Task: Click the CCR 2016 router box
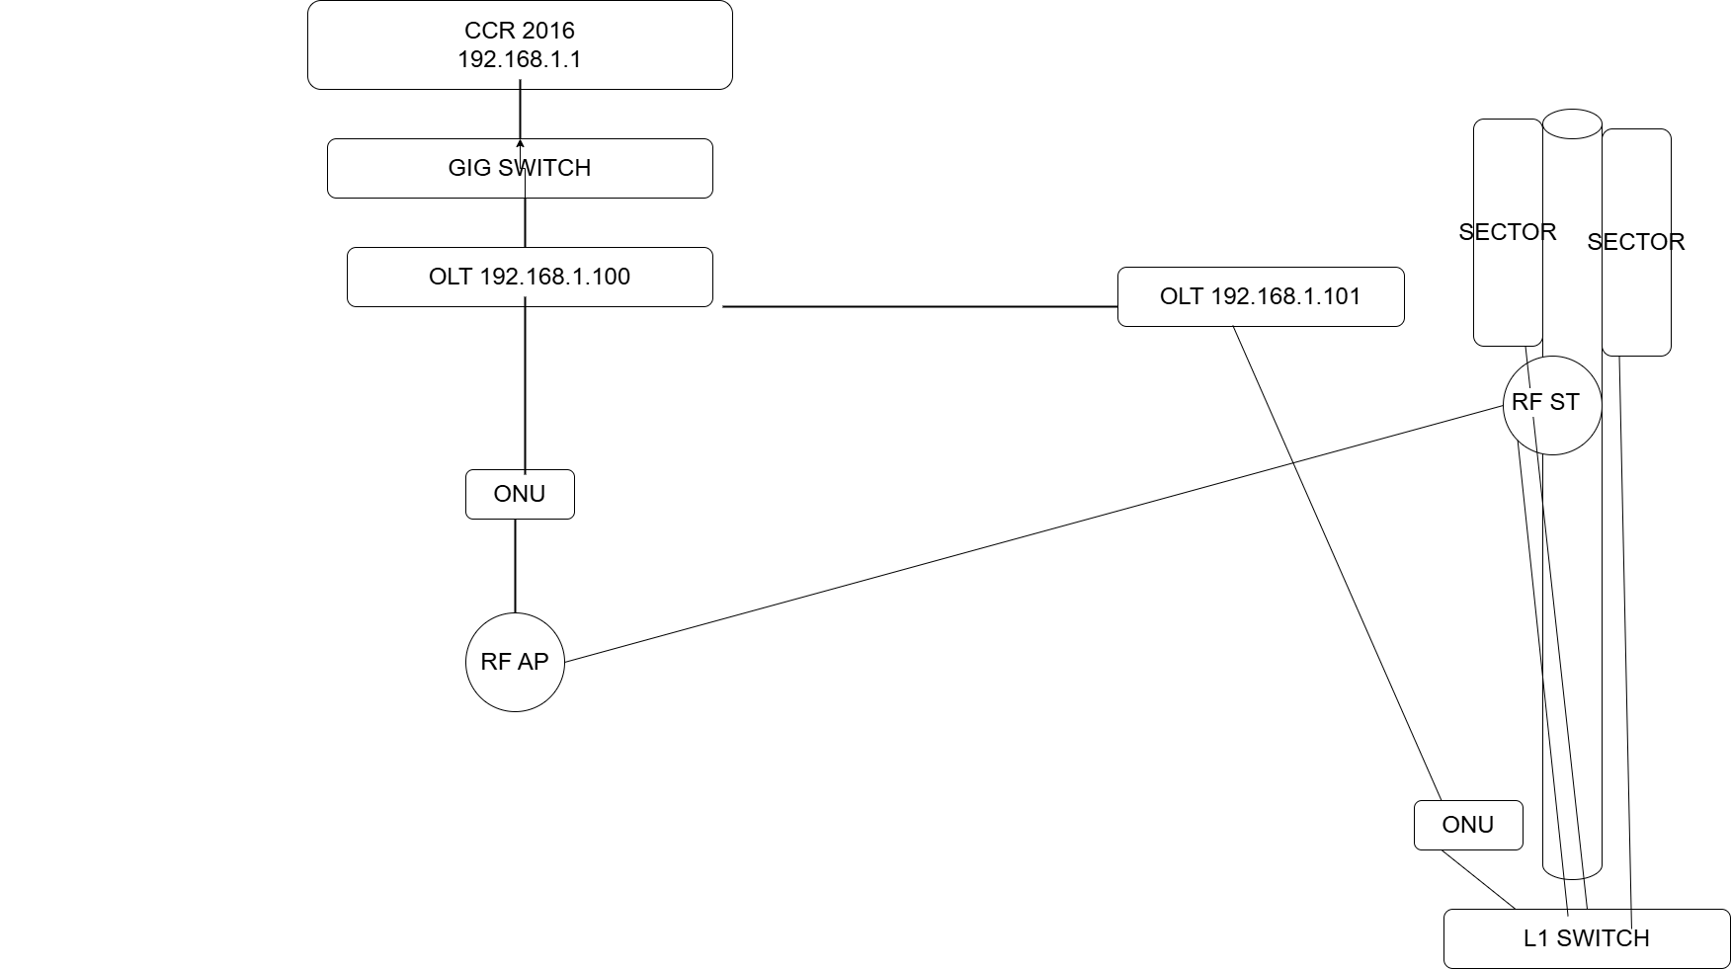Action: [520, 45]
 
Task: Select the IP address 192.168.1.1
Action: [520, 59]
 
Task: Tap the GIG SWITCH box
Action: [520, 168]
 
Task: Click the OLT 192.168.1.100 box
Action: [530, 277]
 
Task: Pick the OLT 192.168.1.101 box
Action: [1261, 296]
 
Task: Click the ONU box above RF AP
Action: [520, 494]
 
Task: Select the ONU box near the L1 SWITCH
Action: [1468, 825]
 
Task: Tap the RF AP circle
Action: [515, 662]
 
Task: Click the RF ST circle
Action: [1552, 405]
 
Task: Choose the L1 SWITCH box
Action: [1587, 938]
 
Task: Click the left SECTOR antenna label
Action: [1508, 232]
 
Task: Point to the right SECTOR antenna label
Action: [1636, 242]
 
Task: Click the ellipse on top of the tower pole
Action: [1572, 123]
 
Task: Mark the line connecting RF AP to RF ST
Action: [1033, 533]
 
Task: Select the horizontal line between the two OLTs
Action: [920, 306]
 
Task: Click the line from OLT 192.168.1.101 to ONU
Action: [1337, 563]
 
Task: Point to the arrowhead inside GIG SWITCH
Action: [520, 144]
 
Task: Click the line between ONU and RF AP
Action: [515, 566]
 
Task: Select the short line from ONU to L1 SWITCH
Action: [1478, 879]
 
